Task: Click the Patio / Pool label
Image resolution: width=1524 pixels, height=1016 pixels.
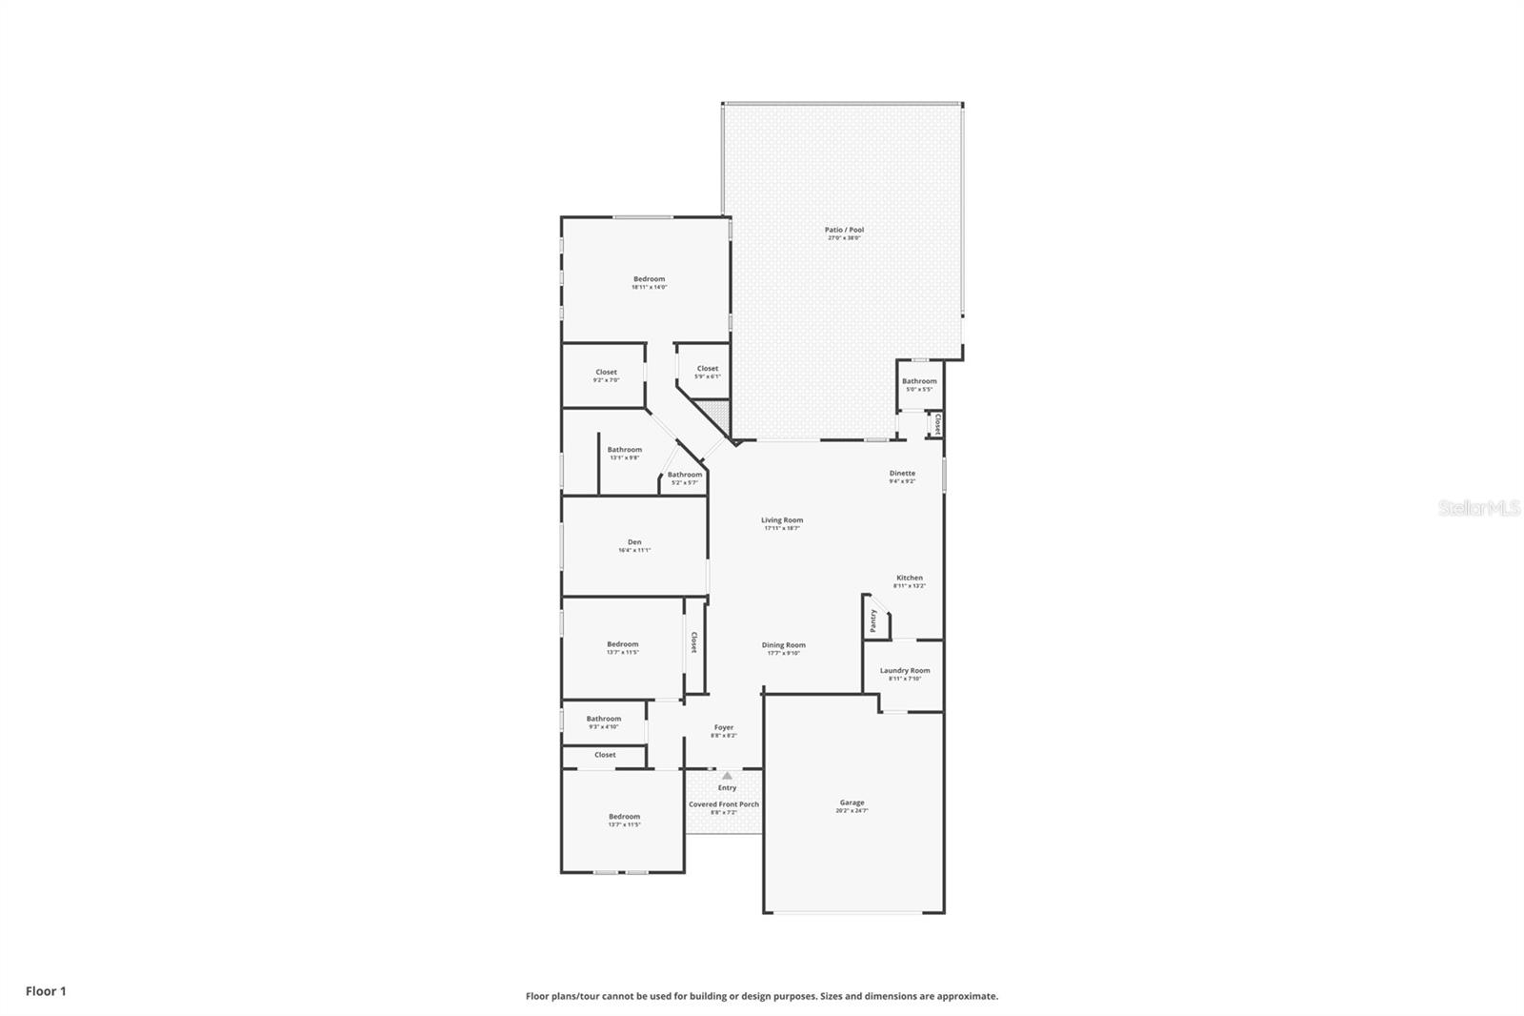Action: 844,230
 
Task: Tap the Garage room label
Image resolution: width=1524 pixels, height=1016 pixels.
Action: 852,803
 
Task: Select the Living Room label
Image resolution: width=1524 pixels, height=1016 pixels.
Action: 782,520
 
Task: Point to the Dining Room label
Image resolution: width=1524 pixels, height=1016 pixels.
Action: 783,645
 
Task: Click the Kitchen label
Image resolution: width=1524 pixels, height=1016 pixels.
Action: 909,578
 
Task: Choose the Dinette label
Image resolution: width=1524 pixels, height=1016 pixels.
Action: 902,473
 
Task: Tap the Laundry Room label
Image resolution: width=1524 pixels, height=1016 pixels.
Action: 905,670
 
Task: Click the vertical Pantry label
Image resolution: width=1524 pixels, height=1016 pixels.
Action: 873,620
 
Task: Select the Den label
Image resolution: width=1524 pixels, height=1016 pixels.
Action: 634,542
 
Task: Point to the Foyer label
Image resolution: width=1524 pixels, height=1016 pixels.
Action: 724,727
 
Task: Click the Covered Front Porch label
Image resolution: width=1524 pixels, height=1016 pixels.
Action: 724,804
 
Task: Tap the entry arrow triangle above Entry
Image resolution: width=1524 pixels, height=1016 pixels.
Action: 727,776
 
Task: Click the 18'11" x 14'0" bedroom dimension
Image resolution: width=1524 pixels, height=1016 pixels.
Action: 649,287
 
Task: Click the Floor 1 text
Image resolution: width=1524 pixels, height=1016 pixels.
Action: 46,991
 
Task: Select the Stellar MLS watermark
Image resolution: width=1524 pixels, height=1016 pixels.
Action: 1479,509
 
